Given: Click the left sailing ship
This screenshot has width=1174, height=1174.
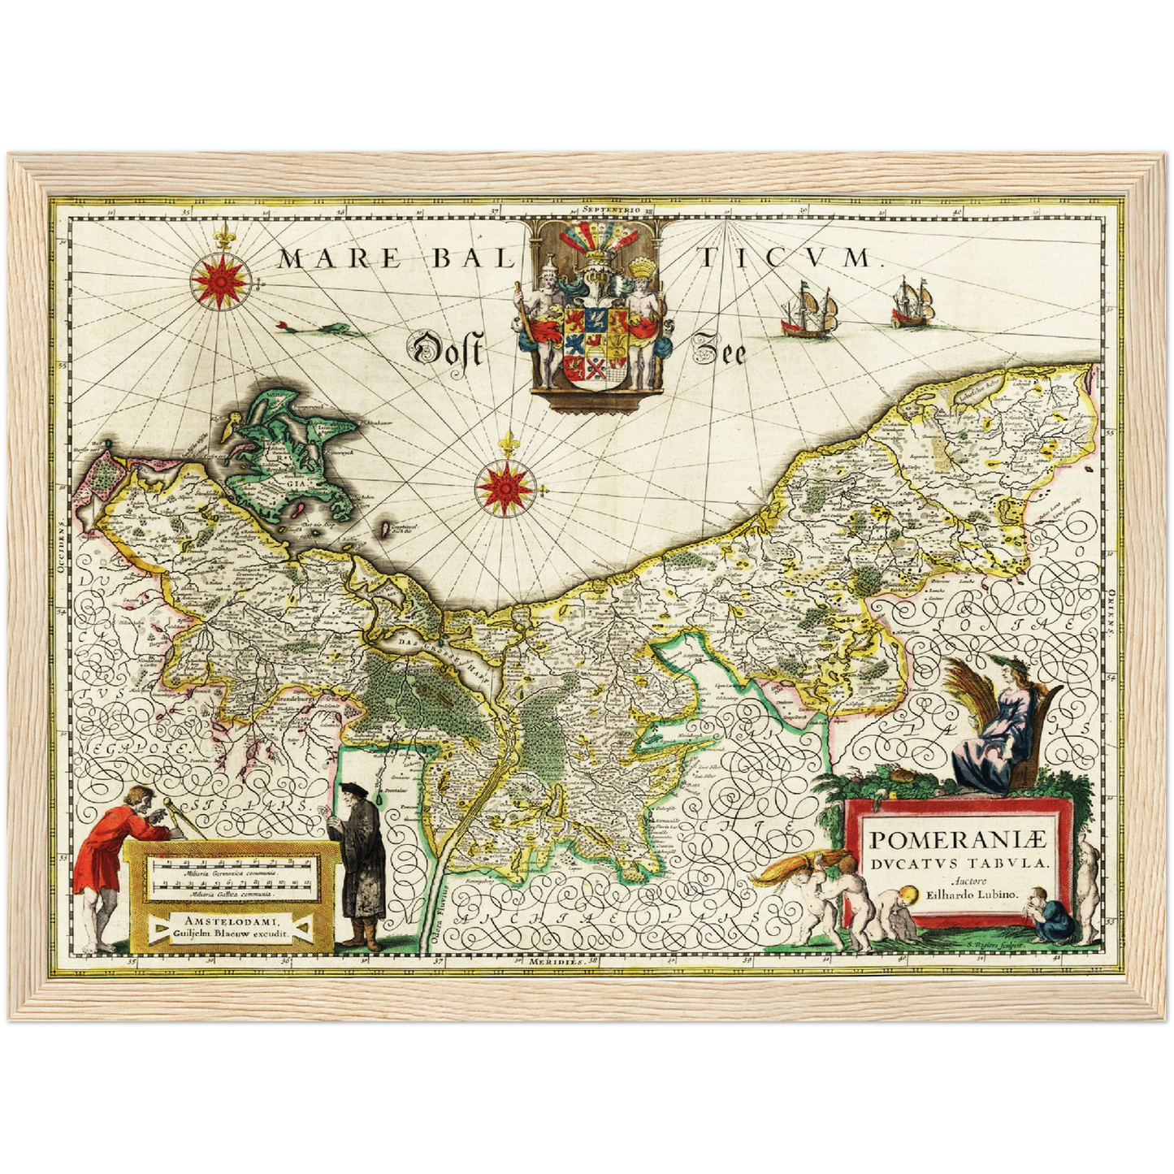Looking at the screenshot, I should pyautogui.click(x=808, y=310).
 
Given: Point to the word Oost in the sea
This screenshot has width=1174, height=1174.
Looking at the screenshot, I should pyautogui.click(x=448, y=351).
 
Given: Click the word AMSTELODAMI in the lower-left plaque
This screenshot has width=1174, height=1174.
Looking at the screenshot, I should pyautogui.click(x=232, y=921).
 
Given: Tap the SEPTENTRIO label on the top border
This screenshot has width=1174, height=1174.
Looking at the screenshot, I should pyautogui.click(x=610, y=210).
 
